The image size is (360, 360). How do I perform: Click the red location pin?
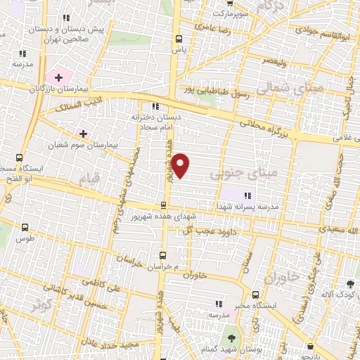coord(181,165)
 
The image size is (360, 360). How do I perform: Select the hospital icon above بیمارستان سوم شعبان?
coord(83,133)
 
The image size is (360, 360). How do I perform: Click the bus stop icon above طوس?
coord(25,227)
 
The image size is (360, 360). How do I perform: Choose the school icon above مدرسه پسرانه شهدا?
coord(246,195)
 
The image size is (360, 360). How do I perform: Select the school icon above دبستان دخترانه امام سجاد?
coord(155,106)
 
